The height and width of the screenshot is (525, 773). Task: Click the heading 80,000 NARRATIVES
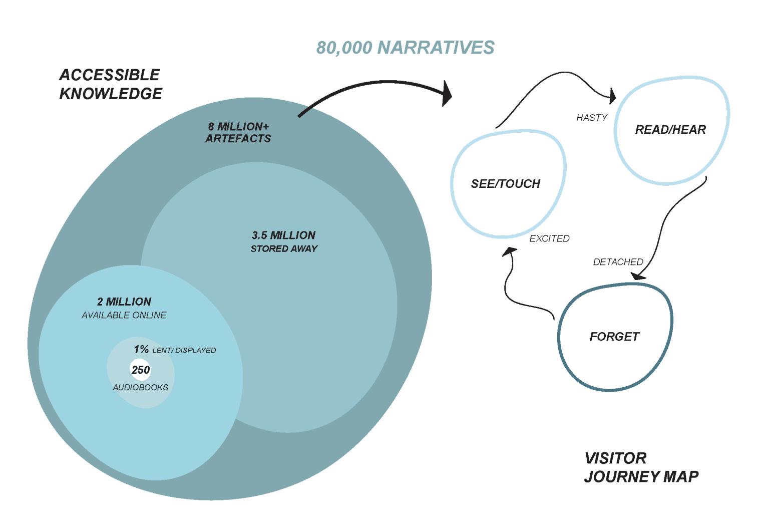pyautogui.click(x=405, y=48)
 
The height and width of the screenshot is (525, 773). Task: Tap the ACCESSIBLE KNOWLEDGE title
pyautogui.click(x=110, y=84)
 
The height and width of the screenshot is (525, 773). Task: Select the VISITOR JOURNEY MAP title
pyautogui.click(x=641, y=467)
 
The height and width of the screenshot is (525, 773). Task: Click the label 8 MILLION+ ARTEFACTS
pyautogui.click(x=238, y=133)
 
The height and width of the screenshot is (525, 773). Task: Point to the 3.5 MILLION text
pyautogui.click(x=283, y=235)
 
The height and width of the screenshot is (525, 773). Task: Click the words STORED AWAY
pyautogui.click(x=284, y=248)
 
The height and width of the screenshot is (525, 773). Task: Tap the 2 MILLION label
pyautogui.click(x=124, y=302)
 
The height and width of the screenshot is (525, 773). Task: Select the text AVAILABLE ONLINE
pyautogui.click(x=124, y=315)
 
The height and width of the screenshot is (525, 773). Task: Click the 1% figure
pyautogui.click(x=141, y=349)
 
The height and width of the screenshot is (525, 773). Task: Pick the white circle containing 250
pyautogui.click(x=141, y=370)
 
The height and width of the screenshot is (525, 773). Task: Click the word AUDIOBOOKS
pyautogui.click(x=141, y=387)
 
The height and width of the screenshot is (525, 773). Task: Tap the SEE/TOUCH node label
pyautogui.click(x=506, y=184)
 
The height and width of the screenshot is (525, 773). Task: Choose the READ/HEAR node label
pyautogui.click(x=670, y=130)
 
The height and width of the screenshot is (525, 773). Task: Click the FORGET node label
pyautogui.click(x=614, y=337)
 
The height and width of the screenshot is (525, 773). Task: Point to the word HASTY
pyautogui.click(x=591, y=118)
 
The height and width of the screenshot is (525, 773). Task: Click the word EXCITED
pyautogui.click(x=549, y=238)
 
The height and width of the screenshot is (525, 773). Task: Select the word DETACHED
pyautogui.click(x=618, y=262)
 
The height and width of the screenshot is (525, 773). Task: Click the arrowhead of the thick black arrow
pyautogui.click(x=447, y=94)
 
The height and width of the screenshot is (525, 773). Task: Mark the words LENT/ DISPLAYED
pyautogui.click(x=184, y=350)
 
